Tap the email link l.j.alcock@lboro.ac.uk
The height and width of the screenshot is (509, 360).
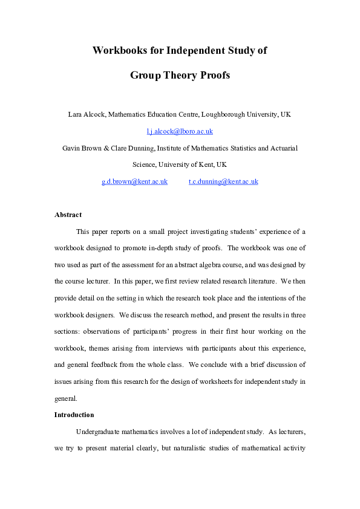coord(180,131)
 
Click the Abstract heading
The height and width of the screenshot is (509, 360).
coord(68,215)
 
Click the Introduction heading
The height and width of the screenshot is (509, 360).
coord(74,415)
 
